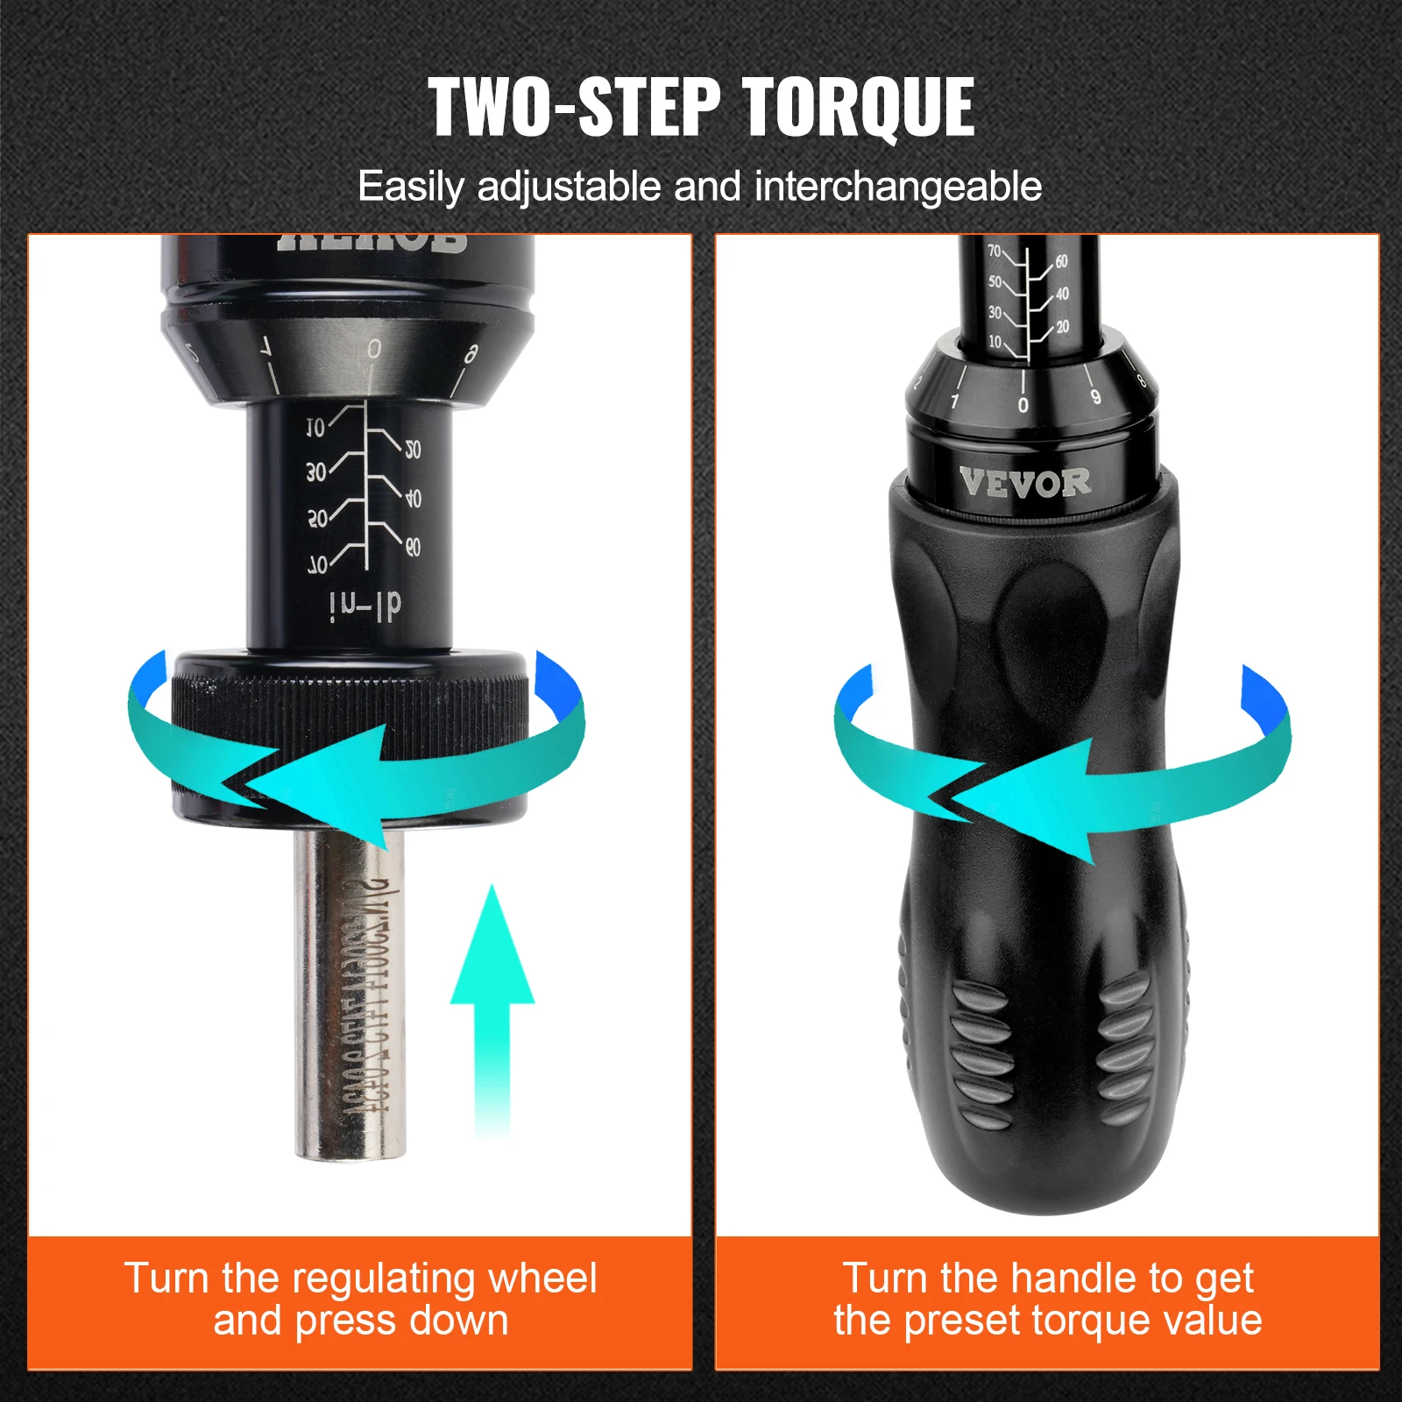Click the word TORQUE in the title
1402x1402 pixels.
tap(858, 107)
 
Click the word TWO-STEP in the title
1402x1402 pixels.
tap(574, 107)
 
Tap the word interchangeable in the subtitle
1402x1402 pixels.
tap(897, 187)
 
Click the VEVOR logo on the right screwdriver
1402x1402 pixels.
tap(1024, 483)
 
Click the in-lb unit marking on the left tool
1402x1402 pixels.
tap(365, 605)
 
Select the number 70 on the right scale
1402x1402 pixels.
tap(995, 251)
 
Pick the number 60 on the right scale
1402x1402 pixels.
tap(1061, 262)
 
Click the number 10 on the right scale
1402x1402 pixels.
tap(995, 342)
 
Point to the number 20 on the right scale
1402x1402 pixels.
tap(1062, 327)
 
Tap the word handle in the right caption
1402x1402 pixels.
tap(1069, 1278)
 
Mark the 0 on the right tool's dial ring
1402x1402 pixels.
tap(1023, 405)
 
